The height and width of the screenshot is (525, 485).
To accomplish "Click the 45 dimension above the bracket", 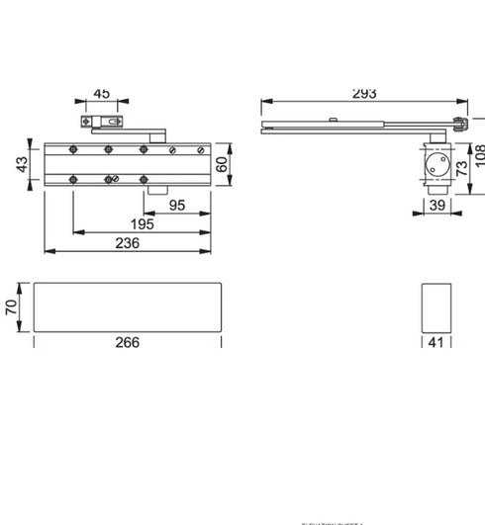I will point(101,94).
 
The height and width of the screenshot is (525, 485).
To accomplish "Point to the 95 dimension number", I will point(178,206).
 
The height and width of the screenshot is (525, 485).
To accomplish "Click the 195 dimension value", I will point(141,225).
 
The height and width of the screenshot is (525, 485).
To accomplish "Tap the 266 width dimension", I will point(127,343).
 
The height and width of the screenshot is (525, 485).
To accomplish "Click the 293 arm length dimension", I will point(364,94).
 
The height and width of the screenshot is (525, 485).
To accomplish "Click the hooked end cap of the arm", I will point(458,122).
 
